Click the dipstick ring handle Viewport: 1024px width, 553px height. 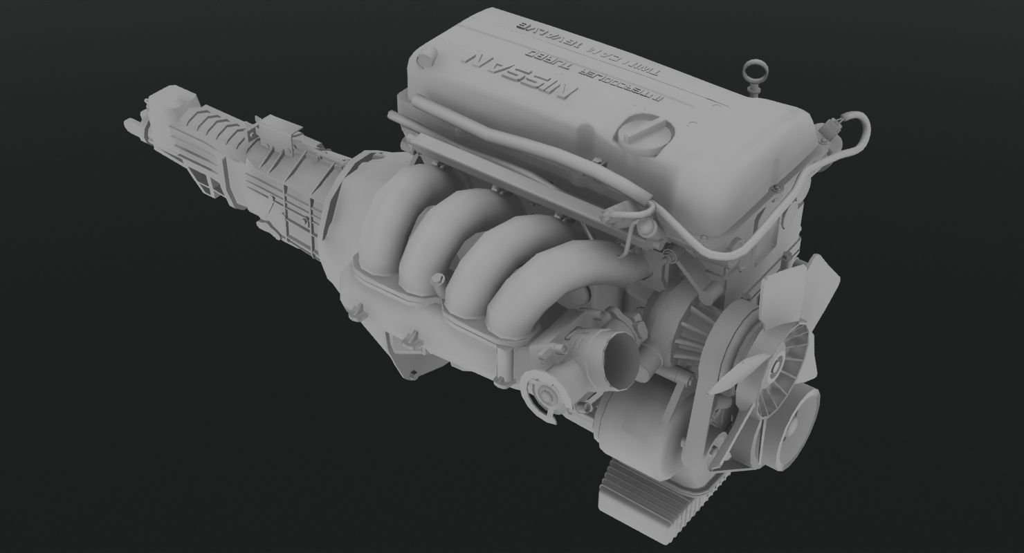tap(753, 71)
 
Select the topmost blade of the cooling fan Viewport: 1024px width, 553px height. tap(821, 283)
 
